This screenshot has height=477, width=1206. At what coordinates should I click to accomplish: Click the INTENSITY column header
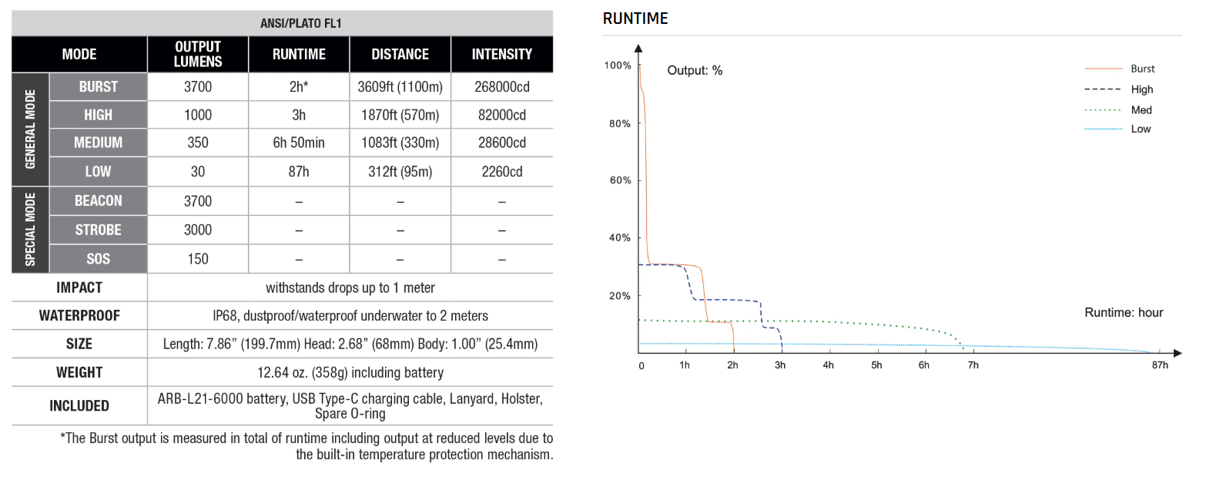pyautogui.click(x=501, y=54)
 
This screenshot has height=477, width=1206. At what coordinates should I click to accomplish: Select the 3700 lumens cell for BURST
pyautogui.click(x=198, y=87)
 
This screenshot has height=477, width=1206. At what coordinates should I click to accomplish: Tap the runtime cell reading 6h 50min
pyautogui.click(x=299, y=143)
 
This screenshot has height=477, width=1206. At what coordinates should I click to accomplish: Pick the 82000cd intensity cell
pyautogui.click(x=501, y=115)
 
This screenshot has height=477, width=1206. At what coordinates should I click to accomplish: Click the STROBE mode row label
pyautogui.click(x=98, y=230)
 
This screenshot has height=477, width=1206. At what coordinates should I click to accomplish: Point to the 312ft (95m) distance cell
pyautogui.click(x=400, y=172)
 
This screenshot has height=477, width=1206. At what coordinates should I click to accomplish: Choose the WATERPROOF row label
pyautogui.click(x=79, y=315)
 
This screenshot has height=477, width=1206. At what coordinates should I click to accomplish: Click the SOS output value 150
pyautogui.click(x=198, y=259)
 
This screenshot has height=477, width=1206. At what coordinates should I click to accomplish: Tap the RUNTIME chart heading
pyautogui.click(x=635, y=18)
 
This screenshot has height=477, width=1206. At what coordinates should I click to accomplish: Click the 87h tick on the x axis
pyautogui.click(x=1160, y=365)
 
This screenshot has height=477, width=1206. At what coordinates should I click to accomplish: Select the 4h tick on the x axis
pyautogui.click(x=828, y=365)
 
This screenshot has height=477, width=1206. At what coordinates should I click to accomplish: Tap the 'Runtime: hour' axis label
pyautogui.click(x=1124, y=313)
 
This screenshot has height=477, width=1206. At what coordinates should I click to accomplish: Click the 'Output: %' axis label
pyautogui.click(x=695, y=70)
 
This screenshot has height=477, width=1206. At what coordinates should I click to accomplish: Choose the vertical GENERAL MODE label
pyautogui.click(x=31, y=129)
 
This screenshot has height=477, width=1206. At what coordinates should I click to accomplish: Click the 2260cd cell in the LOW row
pyautogui.click(x=501, y=172)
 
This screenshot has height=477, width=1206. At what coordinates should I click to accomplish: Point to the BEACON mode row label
pyautogui.click(x=98, y=201)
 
